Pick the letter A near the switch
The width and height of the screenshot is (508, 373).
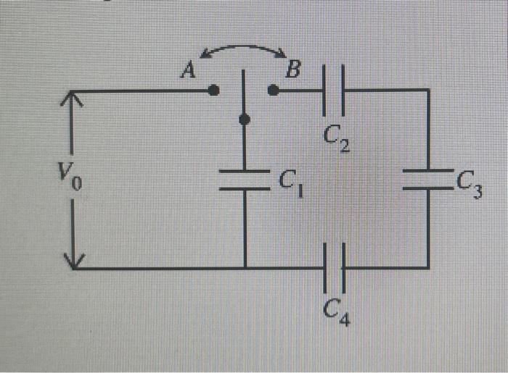pyautogui.click(x=189, y=70)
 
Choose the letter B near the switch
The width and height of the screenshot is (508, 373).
pyautogui.click(x=292, y=70)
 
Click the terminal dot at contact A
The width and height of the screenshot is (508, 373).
pyautogui.click(x=213, y=91)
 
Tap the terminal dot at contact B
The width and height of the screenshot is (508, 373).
pyautogui.click(x=273, y=91)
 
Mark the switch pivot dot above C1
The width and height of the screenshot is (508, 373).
pyautogui.click(x=245, y=120)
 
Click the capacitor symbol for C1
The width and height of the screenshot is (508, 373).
pyautogui.click(x=245, y=180)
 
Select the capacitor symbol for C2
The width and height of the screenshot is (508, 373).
pyautogui.click(x=334, y=91)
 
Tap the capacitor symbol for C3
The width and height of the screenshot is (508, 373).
pyautogui.click(x=428, y=180)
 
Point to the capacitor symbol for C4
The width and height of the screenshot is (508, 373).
pyautogui.click(x=334, y=267)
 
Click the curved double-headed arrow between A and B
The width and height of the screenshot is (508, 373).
pyautogui.click(x=244, y=48)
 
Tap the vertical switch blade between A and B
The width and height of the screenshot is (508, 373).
pyautogui.click(x=244, y=94)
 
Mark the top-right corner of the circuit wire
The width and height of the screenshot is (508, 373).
pyautogui.click(x=428, y=91)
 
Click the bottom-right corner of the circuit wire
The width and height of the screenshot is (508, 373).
pyautogui.click(x=428, y=267)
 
